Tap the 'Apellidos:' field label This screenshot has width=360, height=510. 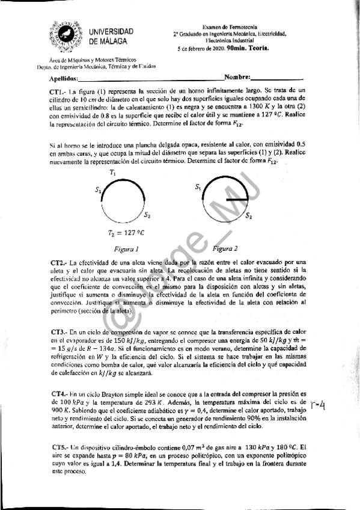point(63,79)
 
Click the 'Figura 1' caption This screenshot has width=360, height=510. point(126,248)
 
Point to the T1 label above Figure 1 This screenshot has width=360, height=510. point(112,173)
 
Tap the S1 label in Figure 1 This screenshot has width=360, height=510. point(97,190)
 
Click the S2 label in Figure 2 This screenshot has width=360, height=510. point(248,215)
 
